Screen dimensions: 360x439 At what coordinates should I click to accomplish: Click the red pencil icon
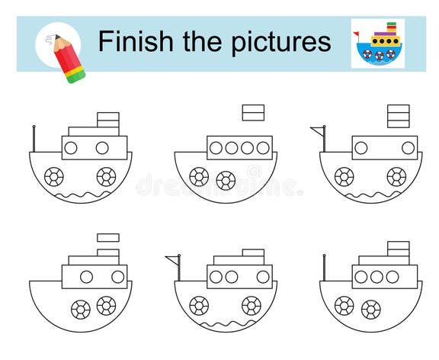click(x=67, y=56)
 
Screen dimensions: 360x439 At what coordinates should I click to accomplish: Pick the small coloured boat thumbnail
click(x=377, y=43)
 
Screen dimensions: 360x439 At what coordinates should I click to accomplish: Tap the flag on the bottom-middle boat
click(x=172, y=260)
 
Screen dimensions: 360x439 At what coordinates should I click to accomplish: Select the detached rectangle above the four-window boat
click(x=253, y=113)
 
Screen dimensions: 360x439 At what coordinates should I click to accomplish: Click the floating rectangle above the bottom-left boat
click(x=107, y=237)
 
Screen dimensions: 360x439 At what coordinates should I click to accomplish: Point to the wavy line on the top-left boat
click(x=81, y=196)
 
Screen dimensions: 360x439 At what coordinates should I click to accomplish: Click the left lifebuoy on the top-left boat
click(x=54, y=177)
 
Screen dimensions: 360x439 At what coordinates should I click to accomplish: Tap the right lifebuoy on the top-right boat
click(x=396, y=177)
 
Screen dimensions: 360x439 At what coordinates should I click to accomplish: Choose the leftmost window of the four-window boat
click(x=216, y=147)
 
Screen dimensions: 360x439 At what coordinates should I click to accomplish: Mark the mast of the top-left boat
click(x=34, y=138)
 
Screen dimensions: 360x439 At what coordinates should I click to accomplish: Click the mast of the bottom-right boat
click(x=324, y=268)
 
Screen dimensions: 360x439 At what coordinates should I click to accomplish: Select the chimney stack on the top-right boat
click(x=398, y=117)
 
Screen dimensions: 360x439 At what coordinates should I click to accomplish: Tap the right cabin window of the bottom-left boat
click(x=118, y=276)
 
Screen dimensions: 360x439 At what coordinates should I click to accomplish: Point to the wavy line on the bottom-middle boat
click(x=226, y=325)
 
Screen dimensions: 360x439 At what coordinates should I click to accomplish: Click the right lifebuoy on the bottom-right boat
click(x=370, y=309)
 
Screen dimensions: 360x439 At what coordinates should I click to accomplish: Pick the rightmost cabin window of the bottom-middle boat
click(x=262, y=276)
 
